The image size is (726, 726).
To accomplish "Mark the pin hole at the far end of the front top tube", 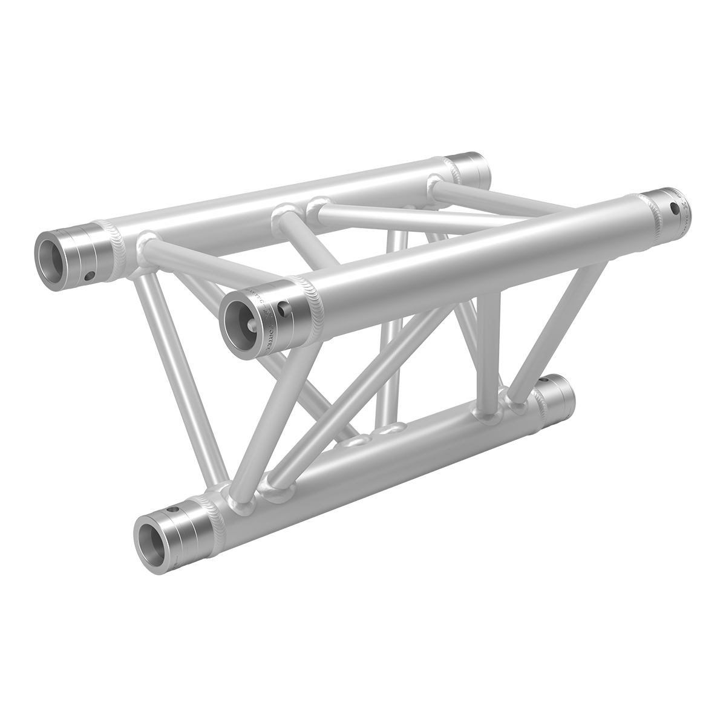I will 675,209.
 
